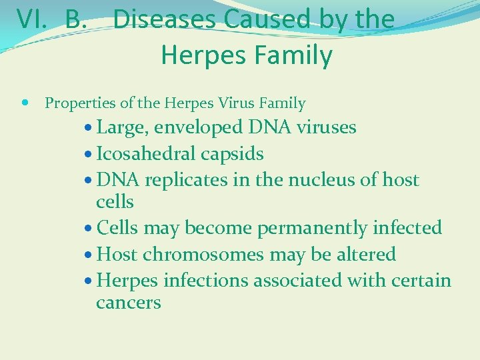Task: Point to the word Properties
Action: tap(79, 103)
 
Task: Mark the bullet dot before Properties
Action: tap(25, 103)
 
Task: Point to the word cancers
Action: tap(129, 303)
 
